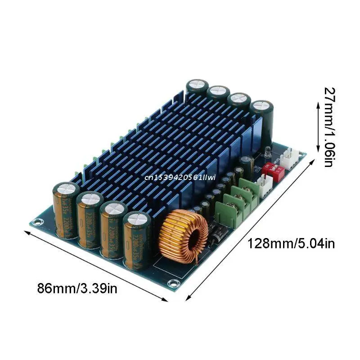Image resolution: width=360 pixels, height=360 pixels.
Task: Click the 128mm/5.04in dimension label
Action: (x=291, y=243)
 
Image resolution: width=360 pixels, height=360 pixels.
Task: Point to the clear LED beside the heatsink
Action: (x=267, y=153)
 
